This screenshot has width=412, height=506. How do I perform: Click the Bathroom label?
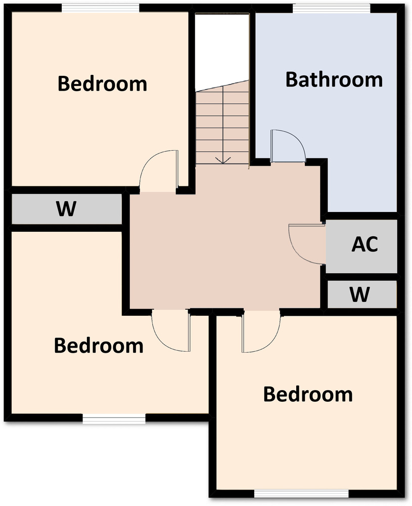tap(334, 80)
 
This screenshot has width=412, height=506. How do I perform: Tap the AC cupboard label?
tap(364, 244)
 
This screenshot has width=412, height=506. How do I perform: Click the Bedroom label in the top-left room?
tap(102, 83)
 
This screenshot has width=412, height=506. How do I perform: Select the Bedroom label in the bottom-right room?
tap(308, 394)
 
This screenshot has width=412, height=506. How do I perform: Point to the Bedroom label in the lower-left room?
tap(99, 346)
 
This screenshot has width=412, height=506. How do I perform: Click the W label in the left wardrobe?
tap(66, 208)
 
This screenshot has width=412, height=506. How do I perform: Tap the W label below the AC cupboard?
tap(359, 294)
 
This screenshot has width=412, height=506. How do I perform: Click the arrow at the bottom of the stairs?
tap(223, 160)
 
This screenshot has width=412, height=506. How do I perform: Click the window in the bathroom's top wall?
tap(332, 9)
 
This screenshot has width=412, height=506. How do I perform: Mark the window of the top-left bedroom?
tap(101, 9)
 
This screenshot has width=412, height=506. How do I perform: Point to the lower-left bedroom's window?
tap(114, 419)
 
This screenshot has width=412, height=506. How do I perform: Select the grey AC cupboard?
tap(361, 246)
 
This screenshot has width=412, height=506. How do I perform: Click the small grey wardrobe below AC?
tap(362, 294)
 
